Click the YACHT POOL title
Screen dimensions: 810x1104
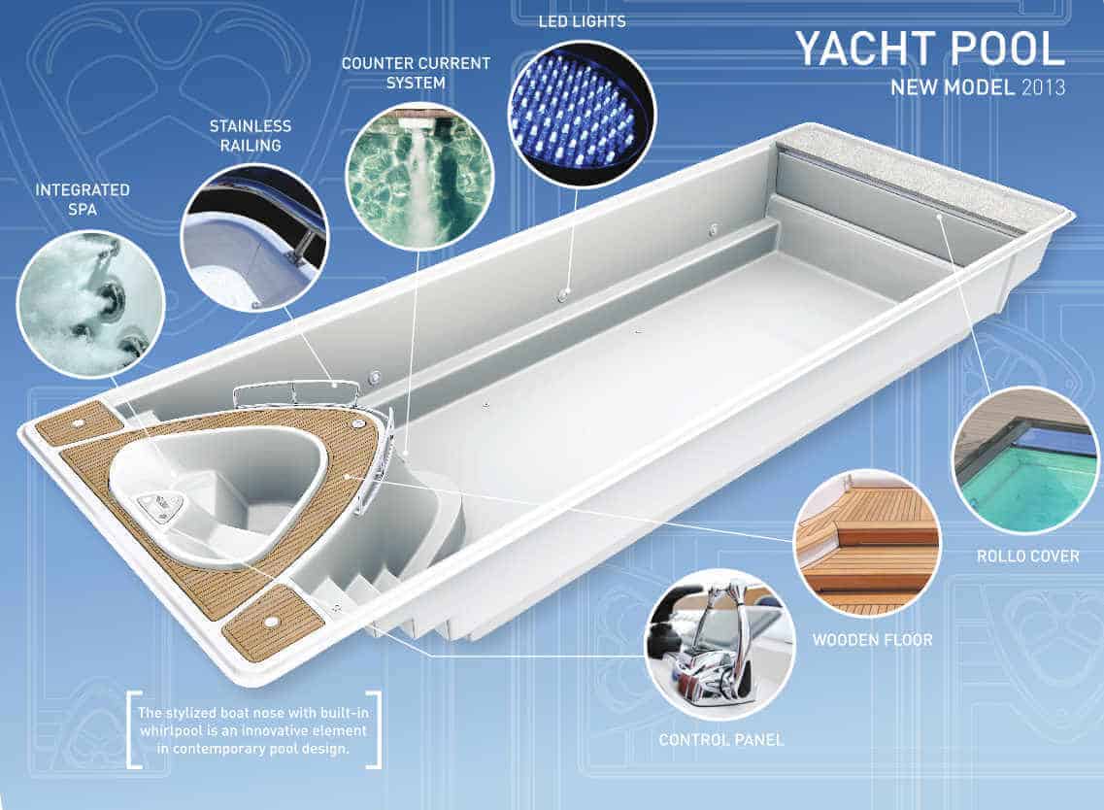[x=928, y=49]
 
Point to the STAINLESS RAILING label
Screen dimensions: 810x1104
[x=250, y=135]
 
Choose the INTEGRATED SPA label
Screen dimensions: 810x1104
[x=83, y=199]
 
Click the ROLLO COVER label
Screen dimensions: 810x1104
[x=1027, y=557]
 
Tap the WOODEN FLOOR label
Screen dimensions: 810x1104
[x=871, y=640]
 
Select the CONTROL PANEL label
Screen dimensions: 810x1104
[x=720, y=740]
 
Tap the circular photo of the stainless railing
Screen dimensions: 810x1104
[x=254, y=237]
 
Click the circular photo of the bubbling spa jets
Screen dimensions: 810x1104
[x=90, y=302]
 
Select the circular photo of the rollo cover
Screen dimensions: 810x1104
[x=1026, y=460]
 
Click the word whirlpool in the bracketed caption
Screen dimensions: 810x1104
[x=169, y=727]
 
